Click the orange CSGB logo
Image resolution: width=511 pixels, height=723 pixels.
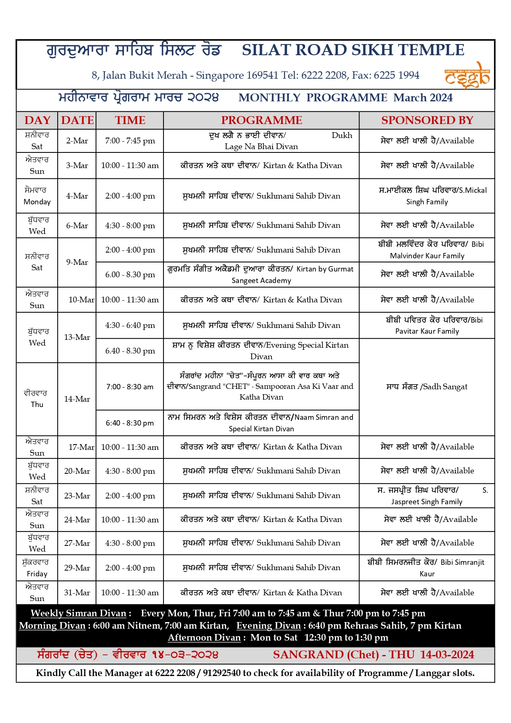(467, 75)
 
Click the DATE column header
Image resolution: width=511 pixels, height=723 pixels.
(77, 120)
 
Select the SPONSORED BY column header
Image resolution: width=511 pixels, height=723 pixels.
(427, 120)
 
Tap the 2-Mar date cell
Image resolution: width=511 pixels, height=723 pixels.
(77, 141)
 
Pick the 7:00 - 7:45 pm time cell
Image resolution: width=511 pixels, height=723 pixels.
(130, 141)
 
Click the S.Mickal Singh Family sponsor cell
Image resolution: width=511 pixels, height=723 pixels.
(427, 196)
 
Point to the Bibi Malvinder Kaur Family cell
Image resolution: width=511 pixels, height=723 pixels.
(427, 250)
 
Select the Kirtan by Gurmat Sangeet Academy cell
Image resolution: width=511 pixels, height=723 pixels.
(261, 275)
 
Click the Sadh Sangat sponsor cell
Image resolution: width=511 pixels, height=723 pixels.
(427, 387)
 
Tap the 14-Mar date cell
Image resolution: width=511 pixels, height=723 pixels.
(77, 399)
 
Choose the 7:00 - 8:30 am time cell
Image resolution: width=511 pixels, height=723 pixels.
(130, 387)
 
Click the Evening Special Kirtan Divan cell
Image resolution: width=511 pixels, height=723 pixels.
(261, 351)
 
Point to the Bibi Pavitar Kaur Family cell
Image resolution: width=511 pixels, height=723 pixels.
(427, 325)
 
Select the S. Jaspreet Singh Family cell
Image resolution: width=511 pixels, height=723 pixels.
(427, 496)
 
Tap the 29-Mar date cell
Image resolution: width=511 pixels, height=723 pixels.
(77, 568)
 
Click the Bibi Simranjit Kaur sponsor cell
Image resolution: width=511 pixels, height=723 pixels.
(427, 568)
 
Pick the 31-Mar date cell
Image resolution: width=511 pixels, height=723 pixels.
(77, 593)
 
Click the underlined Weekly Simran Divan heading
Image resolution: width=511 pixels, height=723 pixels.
(79, 613)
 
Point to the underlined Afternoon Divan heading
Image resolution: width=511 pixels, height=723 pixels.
(204, 638)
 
